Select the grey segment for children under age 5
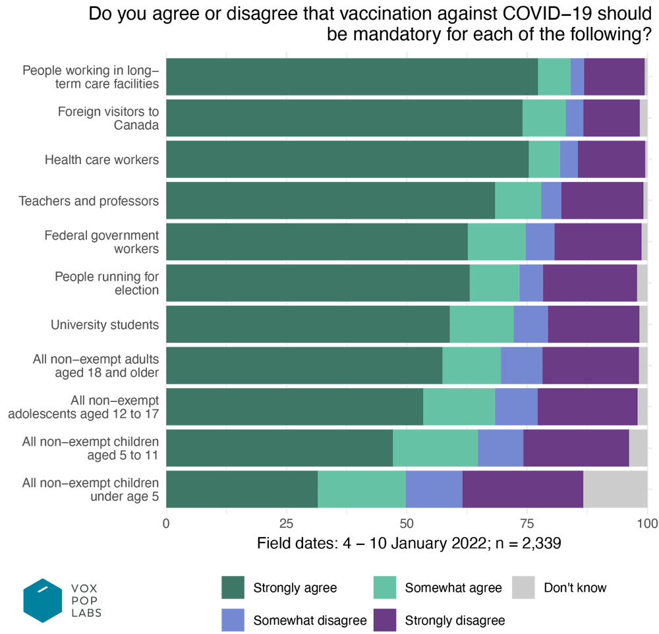(x=615, y=489)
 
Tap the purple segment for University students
(x=593, y=324)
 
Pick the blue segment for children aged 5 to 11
(x=500, y=448)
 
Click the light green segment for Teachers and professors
(x=517, y=200)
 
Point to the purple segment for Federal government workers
(x=598, y=242)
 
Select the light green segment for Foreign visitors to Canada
(x=544, y=118)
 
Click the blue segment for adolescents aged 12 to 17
(x=516, y=407)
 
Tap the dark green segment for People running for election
(x=318, y=283)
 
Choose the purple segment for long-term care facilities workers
(x=614, y=76)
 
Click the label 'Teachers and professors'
(x=89, y=201)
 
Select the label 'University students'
(x=105, y=325)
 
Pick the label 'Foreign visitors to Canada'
(x=109, y=118)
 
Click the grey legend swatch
(x=523, y=587)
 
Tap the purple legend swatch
(x=384, y=620)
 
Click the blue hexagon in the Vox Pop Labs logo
(x=43, y=600)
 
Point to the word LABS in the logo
(x=86, y=613)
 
